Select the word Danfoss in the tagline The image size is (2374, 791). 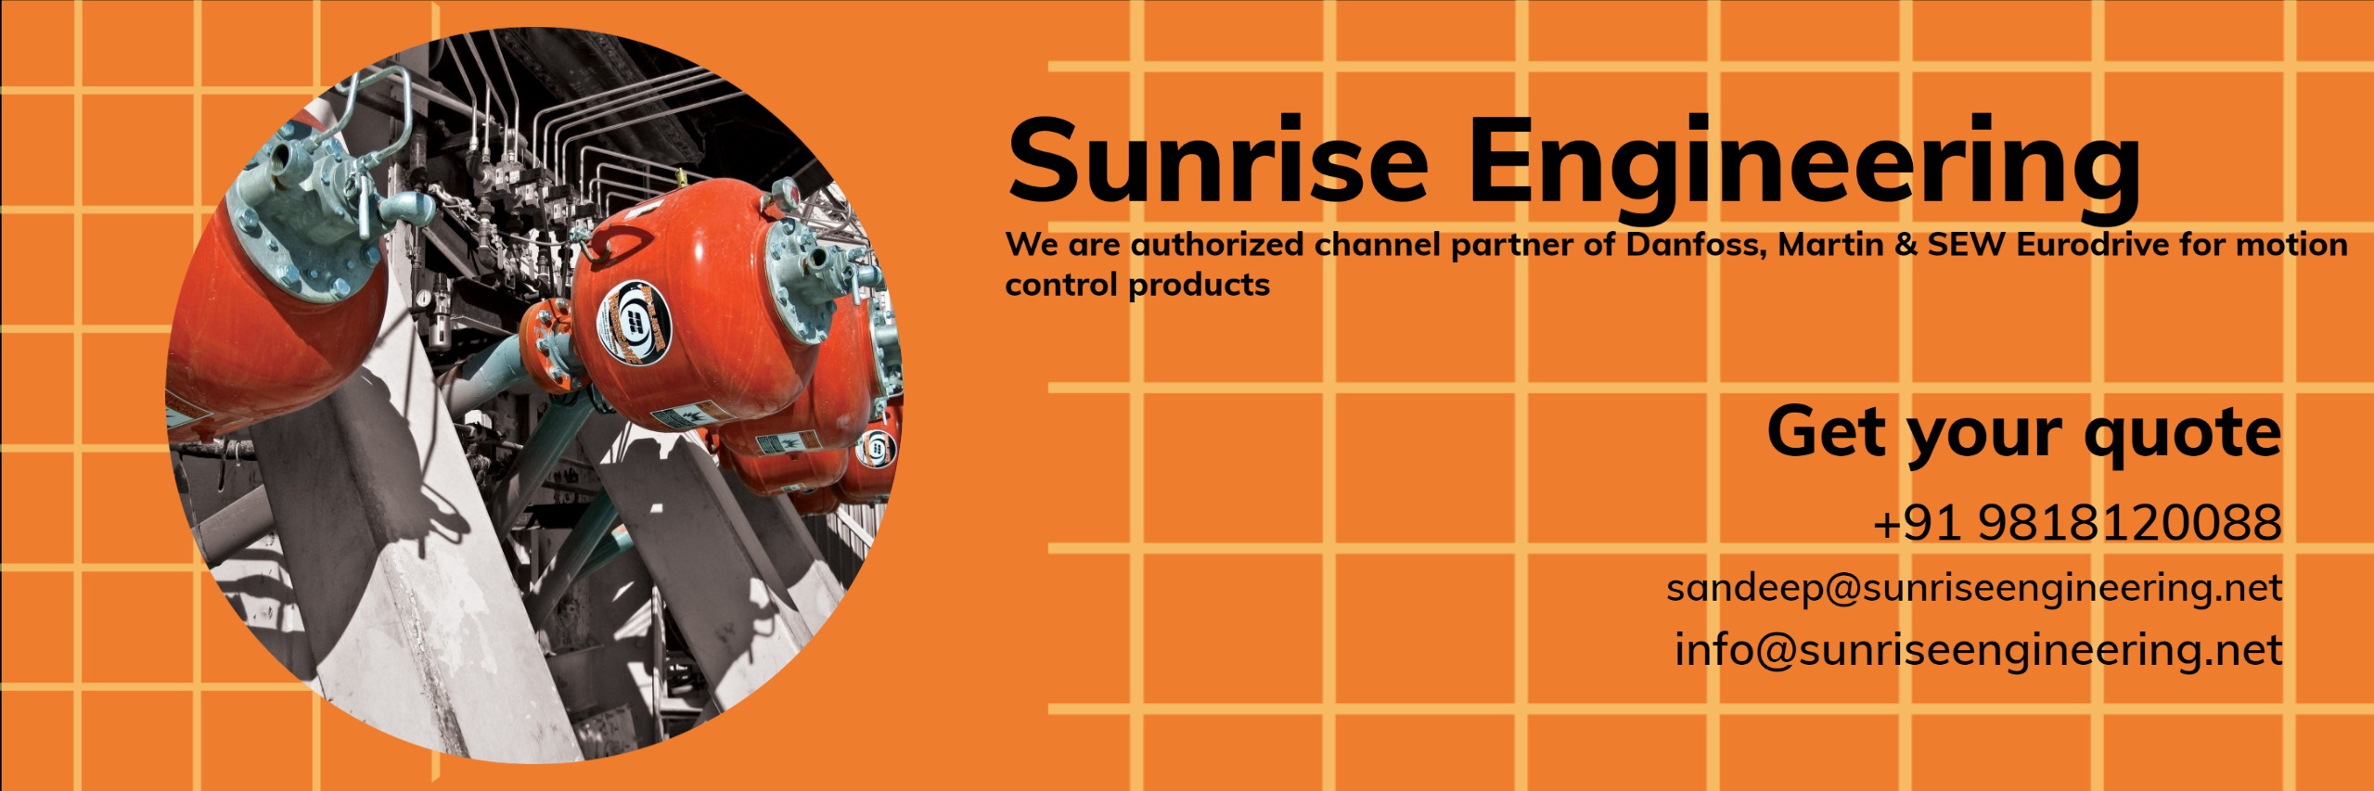click(x=1696, y=245)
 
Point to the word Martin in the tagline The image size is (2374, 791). click(x=1830, y=245)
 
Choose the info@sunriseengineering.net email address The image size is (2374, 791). click(x=1978, y=650)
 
